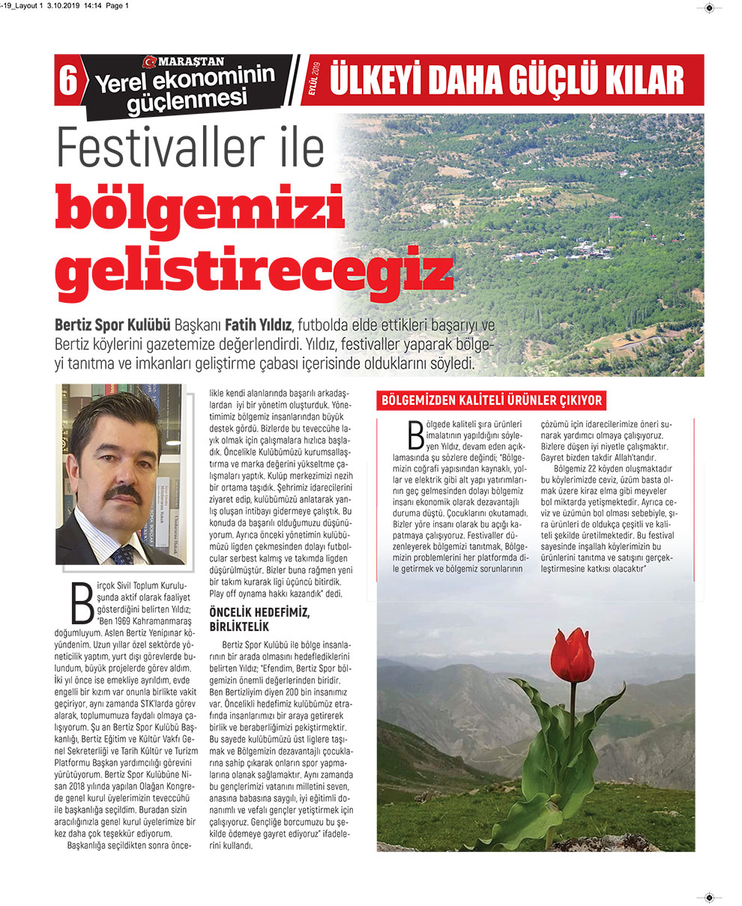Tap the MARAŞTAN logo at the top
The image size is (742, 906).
184,61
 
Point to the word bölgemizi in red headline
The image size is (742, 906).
199,210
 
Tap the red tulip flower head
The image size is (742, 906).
573,654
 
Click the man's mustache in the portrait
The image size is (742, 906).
123,493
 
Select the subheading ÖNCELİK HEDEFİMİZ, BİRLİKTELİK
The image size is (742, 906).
259,619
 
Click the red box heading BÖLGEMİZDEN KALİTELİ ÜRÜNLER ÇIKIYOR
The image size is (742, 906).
492,400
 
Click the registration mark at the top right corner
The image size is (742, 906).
708,8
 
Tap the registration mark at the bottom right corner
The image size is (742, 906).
708,897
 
